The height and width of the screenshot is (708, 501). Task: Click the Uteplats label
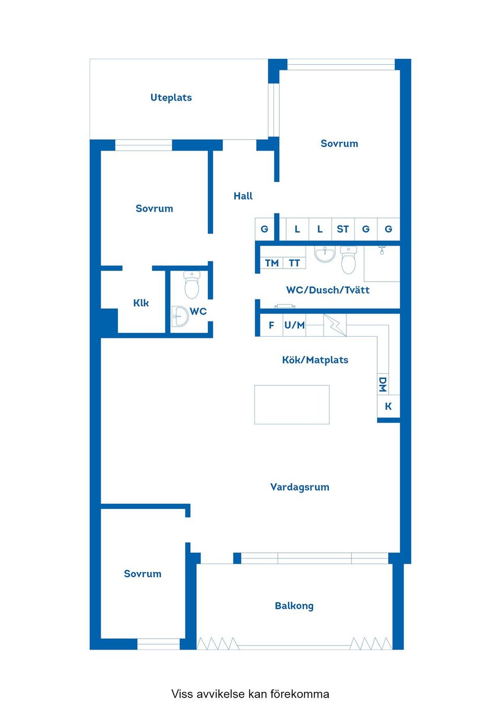click(171, 97)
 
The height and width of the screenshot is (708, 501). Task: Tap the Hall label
click(243, 196)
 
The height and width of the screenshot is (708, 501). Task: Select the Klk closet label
click(141, 303)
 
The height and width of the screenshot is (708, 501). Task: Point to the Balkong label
click(294, 606)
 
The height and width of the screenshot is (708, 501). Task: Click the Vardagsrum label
click(300, 487)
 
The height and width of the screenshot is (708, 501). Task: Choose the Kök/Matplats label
click(315, 360)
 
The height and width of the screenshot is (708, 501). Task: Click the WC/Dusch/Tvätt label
click(328, 290)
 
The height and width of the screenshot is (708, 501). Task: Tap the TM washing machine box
click(271, 263)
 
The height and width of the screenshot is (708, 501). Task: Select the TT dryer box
click(294, 263)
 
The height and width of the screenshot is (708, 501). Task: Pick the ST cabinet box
click(343, 229)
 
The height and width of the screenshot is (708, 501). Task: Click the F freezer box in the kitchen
click(271, 325)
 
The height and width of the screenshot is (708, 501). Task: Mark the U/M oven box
click(294, 325)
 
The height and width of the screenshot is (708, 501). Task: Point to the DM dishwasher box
click(383, 384)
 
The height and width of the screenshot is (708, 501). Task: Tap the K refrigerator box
click(388, 406)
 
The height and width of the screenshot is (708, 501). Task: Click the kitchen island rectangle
click(292, 405)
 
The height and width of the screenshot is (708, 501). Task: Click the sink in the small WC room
click(180, 316)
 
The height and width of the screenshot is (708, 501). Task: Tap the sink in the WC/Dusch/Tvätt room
click(325, 254)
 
